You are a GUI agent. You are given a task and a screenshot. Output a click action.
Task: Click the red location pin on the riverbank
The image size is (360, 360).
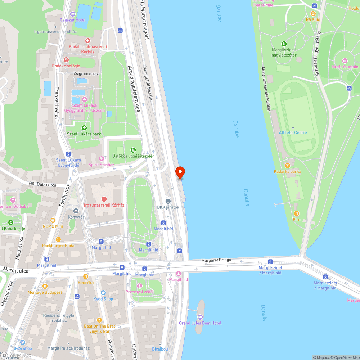(180, 172)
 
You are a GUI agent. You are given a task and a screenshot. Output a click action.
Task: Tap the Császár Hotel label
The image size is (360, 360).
(73, 20)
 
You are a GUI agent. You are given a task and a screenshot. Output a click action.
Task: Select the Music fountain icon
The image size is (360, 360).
(345, 61)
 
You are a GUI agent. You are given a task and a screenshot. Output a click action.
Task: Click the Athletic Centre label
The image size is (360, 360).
(293, 132)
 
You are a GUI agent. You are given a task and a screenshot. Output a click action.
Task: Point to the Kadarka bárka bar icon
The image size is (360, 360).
(287, 166)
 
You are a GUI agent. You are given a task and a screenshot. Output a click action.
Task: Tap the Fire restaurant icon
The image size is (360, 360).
(296, 213)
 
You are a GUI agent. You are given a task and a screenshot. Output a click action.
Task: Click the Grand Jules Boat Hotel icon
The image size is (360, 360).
(200, 317)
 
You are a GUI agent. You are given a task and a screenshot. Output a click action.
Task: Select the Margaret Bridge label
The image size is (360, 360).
(216, 260)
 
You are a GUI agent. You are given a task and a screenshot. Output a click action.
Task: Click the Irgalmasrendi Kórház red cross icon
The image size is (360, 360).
(104, 199)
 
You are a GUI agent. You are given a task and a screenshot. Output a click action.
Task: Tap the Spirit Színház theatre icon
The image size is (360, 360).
(102, 159)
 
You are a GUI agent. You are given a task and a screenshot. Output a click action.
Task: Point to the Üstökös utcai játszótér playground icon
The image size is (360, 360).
(133, 150)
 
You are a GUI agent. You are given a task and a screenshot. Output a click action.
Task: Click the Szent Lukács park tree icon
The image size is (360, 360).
(84, 128)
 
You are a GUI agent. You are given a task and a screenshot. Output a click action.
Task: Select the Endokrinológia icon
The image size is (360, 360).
(66, 60)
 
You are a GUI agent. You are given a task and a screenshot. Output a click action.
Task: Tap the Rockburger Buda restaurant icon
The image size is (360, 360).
(58, 239)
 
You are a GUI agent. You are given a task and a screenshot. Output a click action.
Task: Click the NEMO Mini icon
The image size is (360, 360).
(53, 220)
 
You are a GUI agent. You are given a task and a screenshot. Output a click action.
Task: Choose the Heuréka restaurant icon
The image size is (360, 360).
(86, 276)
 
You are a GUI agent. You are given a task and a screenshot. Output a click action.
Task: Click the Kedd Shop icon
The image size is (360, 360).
(103, 293)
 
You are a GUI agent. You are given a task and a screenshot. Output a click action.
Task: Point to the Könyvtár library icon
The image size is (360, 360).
(76, 211)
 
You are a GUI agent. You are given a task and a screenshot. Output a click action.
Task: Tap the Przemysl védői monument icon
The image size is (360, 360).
(140, 285)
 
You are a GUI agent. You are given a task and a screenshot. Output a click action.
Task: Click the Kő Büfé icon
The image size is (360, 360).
(313, 14)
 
